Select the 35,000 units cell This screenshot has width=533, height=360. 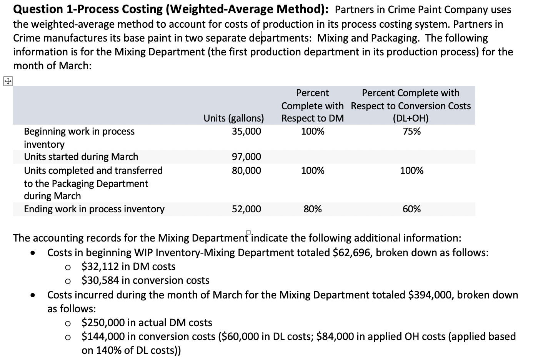click(x=246, y=132)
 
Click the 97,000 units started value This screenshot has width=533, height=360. click(x=246, y=157)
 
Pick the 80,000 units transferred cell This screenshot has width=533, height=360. click(x=246, y=170)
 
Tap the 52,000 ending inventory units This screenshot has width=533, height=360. click(x=246, y=209)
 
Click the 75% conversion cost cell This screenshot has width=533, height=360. click(x=411, y=132)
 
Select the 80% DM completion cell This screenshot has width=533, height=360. click(x=313, y=209)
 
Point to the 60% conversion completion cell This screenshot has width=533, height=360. click(x=411, y=209)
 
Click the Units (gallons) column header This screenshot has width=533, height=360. click(x=234, y=118)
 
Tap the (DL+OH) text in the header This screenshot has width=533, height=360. click(x=410, y=118)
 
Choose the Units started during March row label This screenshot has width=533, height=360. click(x=81, y=157)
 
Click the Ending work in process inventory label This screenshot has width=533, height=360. click(x=94, y=209)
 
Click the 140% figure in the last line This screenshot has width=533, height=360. click(x=107, y=350)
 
